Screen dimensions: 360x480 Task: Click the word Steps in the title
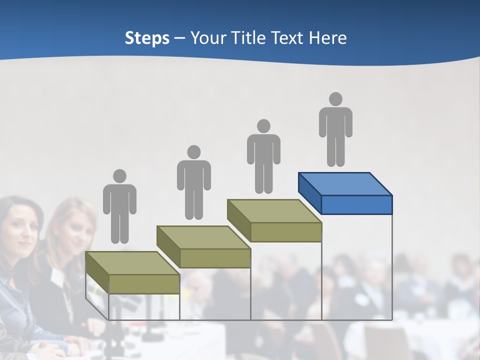[x=147, y=38]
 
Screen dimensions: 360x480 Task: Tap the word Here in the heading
[x=327, y=38]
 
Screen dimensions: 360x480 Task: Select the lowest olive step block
[x=132, y=272]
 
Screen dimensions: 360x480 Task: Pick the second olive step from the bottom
[x=203, y=246]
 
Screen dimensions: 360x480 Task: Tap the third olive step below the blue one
[x=274, y=220]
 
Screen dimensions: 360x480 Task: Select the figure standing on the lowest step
[x=119, y=206]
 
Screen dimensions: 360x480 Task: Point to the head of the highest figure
[x=335, y=99]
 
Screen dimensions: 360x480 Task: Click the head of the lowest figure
[x=119, y=176]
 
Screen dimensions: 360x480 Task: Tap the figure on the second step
[x=193, y=182]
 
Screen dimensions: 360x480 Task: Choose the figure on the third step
[x=263, y=156]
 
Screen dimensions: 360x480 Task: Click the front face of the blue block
[x=356, y=205]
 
